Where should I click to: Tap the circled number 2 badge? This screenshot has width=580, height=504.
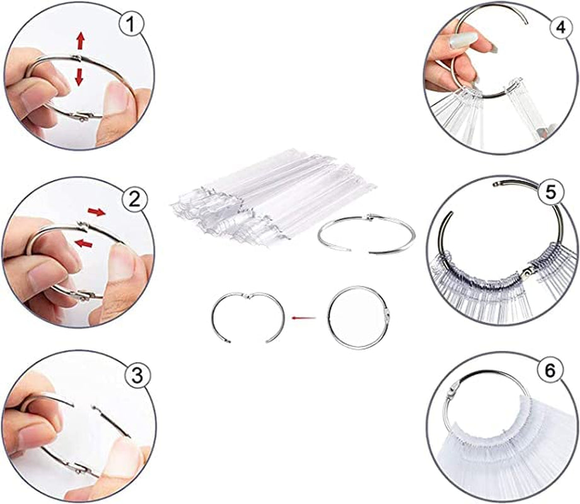point(134,200)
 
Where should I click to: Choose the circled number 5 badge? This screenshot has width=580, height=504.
point(551,193)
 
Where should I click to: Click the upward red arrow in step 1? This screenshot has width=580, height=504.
point(81,42)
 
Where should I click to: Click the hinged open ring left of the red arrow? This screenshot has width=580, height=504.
point(246,315)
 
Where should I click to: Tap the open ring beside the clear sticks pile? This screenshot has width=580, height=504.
point(366,234)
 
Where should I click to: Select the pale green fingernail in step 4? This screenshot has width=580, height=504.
point(463,43)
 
